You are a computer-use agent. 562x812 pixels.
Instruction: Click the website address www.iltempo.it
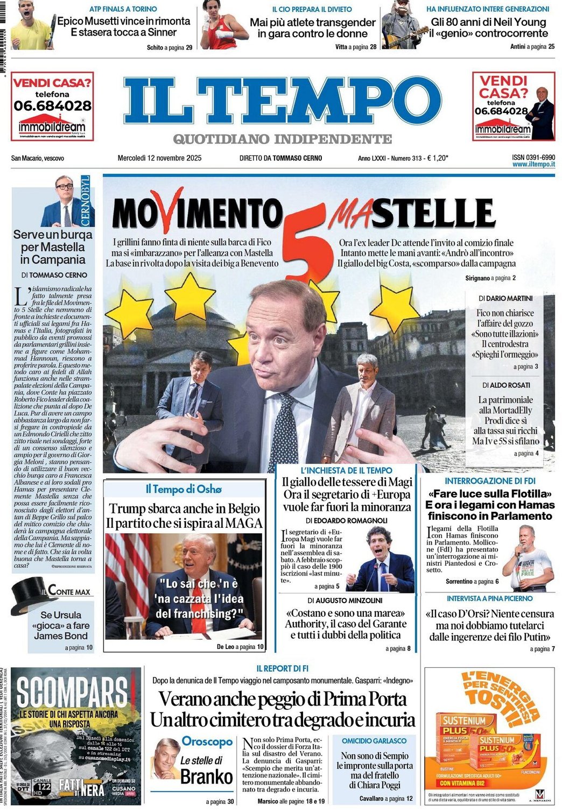[533, 164]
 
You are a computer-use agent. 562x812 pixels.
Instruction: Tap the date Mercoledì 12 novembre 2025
[159, 158]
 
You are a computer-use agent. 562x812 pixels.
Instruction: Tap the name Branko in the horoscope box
[207, 776]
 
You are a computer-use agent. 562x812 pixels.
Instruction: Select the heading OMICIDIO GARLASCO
[374, 741]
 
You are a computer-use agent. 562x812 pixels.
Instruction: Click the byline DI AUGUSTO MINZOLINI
[345, 600]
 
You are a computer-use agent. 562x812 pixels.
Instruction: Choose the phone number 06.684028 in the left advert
[52, 105]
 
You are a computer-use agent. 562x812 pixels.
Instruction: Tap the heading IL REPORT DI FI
[282, 668]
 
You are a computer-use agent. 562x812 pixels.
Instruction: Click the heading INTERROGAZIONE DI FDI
[490, 481]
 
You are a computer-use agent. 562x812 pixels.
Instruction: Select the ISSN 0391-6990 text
[533, 157]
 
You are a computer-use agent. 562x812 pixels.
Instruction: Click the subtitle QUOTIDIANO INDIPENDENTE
[282, 139]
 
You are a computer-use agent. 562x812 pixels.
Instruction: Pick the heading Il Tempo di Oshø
[184, 489]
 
